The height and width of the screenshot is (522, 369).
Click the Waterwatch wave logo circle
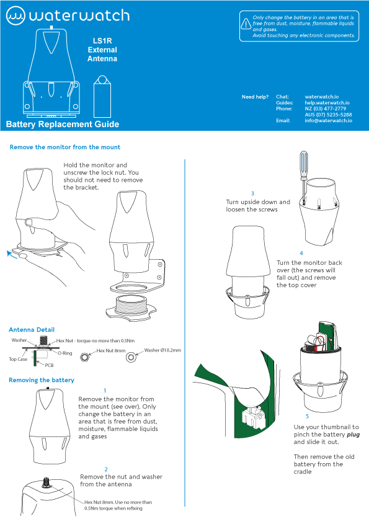coord(16,15)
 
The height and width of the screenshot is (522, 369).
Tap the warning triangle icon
coord(246,24)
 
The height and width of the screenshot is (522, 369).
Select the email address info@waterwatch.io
coord(328,120)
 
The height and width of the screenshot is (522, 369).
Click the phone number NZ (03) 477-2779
coord(326,108)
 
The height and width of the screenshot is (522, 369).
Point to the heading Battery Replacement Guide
coord(63,124)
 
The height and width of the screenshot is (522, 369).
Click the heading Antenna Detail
coord(32,330)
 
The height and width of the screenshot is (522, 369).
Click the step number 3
coord(253,193)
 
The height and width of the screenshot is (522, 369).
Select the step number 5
coord(308,416)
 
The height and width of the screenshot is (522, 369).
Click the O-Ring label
coord(64,353)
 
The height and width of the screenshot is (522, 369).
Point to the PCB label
coord(49,365)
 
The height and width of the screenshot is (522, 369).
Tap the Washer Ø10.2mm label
coord(162,350)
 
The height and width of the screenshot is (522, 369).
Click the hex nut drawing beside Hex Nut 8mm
coord(84,357)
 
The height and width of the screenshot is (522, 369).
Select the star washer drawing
coord(131,358)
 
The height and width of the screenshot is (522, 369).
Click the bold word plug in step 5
coord(353,435)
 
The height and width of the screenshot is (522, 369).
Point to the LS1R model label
coord(102,41)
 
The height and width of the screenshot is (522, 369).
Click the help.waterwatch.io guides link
coord(327,102)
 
